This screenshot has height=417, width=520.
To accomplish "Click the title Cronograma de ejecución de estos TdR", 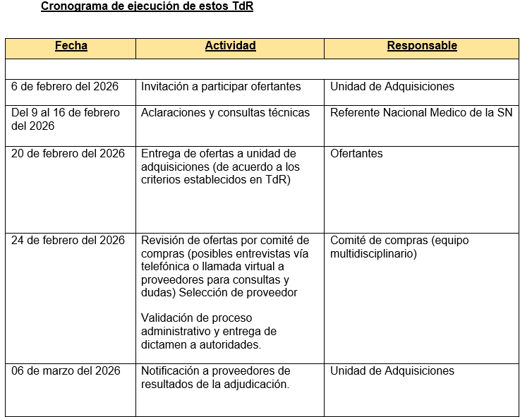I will [147, 7].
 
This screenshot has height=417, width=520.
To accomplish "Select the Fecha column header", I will [71, 47].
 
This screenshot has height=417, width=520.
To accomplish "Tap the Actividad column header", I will [230, 47].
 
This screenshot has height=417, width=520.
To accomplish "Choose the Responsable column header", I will [422, 47].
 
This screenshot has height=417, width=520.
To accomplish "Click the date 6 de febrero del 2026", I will [65, 87].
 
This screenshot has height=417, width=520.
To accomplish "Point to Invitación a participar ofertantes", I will [221, 87].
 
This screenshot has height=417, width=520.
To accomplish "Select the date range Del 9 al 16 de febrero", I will [66, 113].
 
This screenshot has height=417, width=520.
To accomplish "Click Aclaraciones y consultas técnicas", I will [225, 113].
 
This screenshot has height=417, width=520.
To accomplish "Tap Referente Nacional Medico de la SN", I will [421, 113].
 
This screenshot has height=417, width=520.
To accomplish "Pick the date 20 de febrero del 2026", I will [68, 154].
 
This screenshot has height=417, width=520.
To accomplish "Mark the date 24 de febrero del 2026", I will [68, 241].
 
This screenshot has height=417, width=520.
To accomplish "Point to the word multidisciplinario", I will [373, 254].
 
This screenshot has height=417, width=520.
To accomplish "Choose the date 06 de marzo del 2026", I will [66, 371].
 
